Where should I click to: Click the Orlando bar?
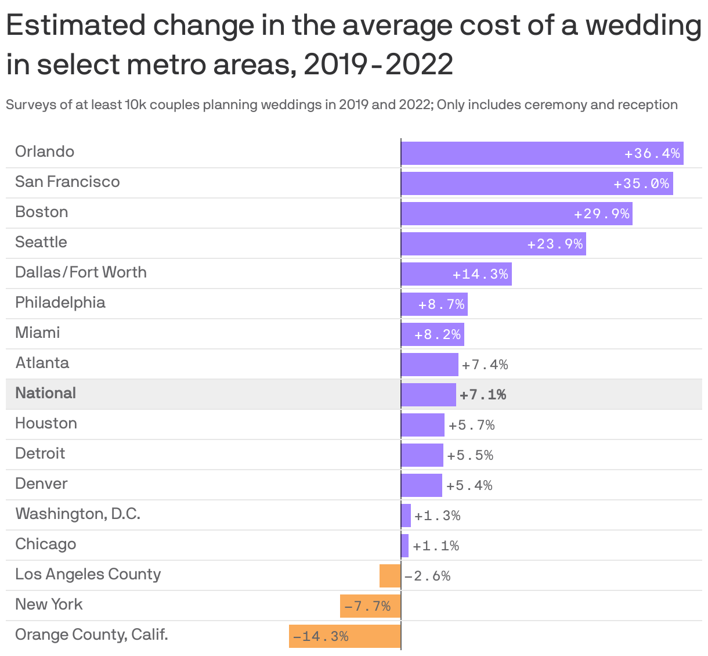[x=542, y=153]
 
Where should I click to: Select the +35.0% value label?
[x=641, y=184]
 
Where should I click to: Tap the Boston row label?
[x=42, y=212]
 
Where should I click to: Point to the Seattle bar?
[x=493, y=244]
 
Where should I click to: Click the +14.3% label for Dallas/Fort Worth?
[x=481, y=274]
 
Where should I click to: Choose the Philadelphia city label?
[x=60, y=302]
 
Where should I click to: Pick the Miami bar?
[x=432, y=334]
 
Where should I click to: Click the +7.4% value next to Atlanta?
[x=485, y=365]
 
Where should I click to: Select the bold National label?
[x=46, y=393]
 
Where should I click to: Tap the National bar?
[x=428, y=395]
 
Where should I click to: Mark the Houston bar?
[x=422, y=425]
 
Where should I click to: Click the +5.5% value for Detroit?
[x=470, y=455]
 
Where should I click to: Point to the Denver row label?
[x=41, y=484]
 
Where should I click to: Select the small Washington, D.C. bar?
[x=406, y=516]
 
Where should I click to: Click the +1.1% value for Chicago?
[x=436, y=546]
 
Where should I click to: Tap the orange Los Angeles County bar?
[x=390, y=576]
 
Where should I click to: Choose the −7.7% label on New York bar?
[x=367, y=607]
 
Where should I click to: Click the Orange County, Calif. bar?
[x=345, y=636]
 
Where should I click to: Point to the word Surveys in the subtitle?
[x=26, y=105]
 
